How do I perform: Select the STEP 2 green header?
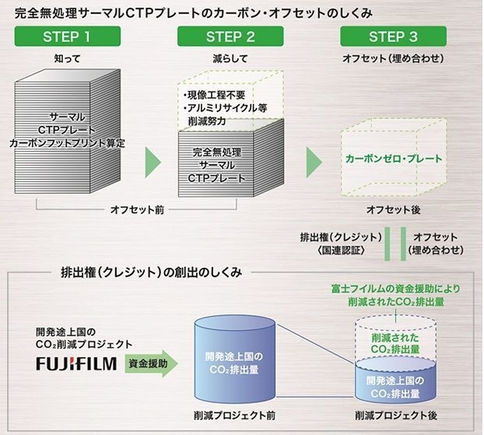(230, 37)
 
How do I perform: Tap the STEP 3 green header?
(393, 37)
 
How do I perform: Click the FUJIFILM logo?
(76, 363)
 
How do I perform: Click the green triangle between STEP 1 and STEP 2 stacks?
(153, 160)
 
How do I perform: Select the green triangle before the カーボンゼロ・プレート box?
(314, 160)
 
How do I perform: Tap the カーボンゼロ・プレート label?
(393, 159)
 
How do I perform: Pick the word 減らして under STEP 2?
(230, 59)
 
